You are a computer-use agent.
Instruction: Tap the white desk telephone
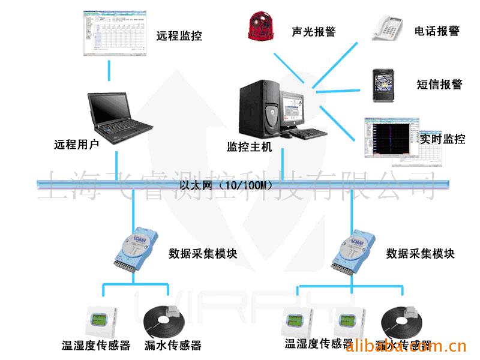click(x=387, y=27)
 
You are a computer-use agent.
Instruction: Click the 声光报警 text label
click(x=313, y=31)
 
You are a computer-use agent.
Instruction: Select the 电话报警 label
click(x=437, y=31)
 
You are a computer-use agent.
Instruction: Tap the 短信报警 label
click(x=439, y=84)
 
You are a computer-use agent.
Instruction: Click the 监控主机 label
click(x=249, y=146)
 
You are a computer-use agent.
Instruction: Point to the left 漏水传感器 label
click(x=173, y=345)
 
